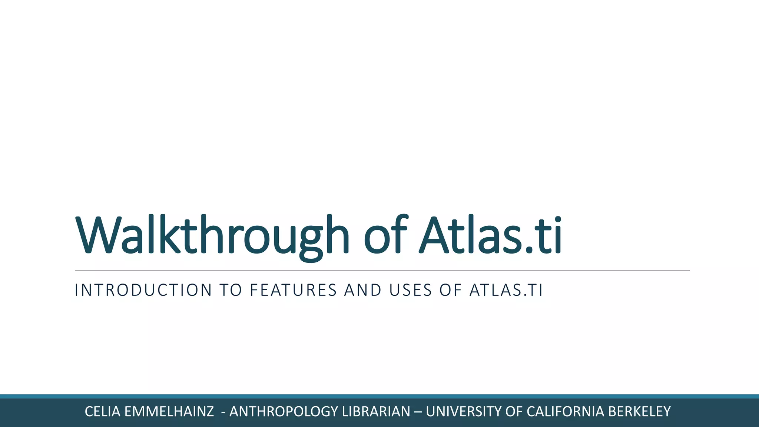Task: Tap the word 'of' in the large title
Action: (385, 235)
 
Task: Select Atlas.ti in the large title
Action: (490, 235)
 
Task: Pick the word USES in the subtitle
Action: (411, 290)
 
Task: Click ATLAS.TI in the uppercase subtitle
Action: (506, 290)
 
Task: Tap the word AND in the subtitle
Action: (363, 290)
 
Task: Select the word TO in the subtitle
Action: (231, 290)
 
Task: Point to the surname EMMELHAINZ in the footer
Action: (169, 412)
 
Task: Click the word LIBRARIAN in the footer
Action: (376, 412)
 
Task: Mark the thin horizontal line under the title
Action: (382, 271)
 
